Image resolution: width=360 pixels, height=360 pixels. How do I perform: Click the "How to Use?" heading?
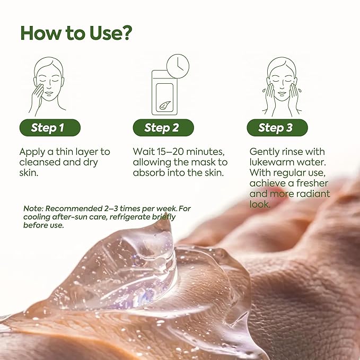point(76,32)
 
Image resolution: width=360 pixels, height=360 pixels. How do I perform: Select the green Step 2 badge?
point(163,128)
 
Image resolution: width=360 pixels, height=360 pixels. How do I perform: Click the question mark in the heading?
point(125,32)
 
